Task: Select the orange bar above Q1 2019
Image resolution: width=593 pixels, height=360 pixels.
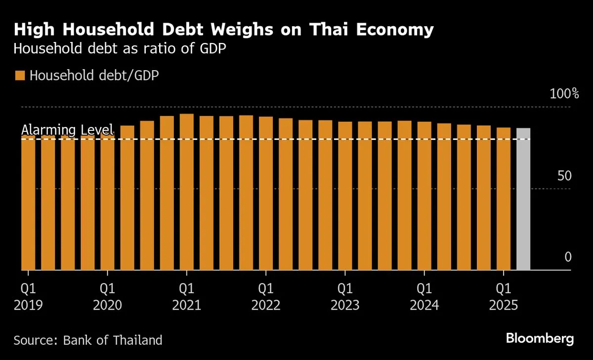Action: [x=28, y=202]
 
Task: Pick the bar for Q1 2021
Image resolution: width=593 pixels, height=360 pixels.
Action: [x=187, y=193]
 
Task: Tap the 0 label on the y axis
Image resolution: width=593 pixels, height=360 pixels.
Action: [x=568, y=257]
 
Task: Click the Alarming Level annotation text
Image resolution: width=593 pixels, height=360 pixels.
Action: [x=68, y=130]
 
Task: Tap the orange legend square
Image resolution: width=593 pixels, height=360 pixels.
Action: [x=20, y=76]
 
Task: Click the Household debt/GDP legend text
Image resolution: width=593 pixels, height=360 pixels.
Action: [x=94, y=76]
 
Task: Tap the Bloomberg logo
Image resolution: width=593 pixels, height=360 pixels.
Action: [x=540, y=339]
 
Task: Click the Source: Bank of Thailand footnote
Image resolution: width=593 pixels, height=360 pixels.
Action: [x=88, y=340]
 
